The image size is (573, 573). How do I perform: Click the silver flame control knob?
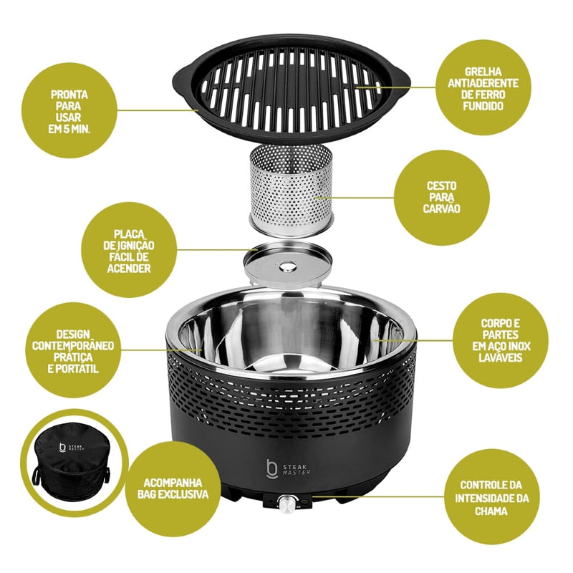[286, 504]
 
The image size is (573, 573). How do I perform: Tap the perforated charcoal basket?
[291, 190]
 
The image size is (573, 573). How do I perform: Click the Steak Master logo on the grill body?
[289, 469]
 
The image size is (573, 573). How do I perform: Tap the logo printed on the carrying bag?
[72, 448]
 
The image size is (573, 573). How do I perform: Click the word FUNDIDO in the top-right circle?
[483, 106]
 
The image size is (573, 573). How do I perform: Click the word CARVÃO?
[441, 208]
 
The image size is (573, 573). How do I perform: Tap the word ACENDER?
[129, 269]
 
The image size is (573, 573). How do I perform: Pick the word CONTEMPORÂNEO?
[73, 346]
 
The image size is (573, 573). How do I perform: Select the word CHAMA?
[491, 511]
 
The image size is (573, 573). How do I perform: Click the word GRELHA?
[483, 72]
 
